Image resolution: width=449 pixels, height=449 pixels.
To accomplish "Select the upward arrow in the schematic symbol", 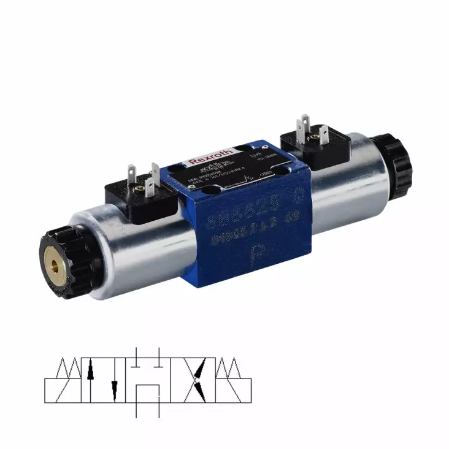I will click(91, 368).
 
